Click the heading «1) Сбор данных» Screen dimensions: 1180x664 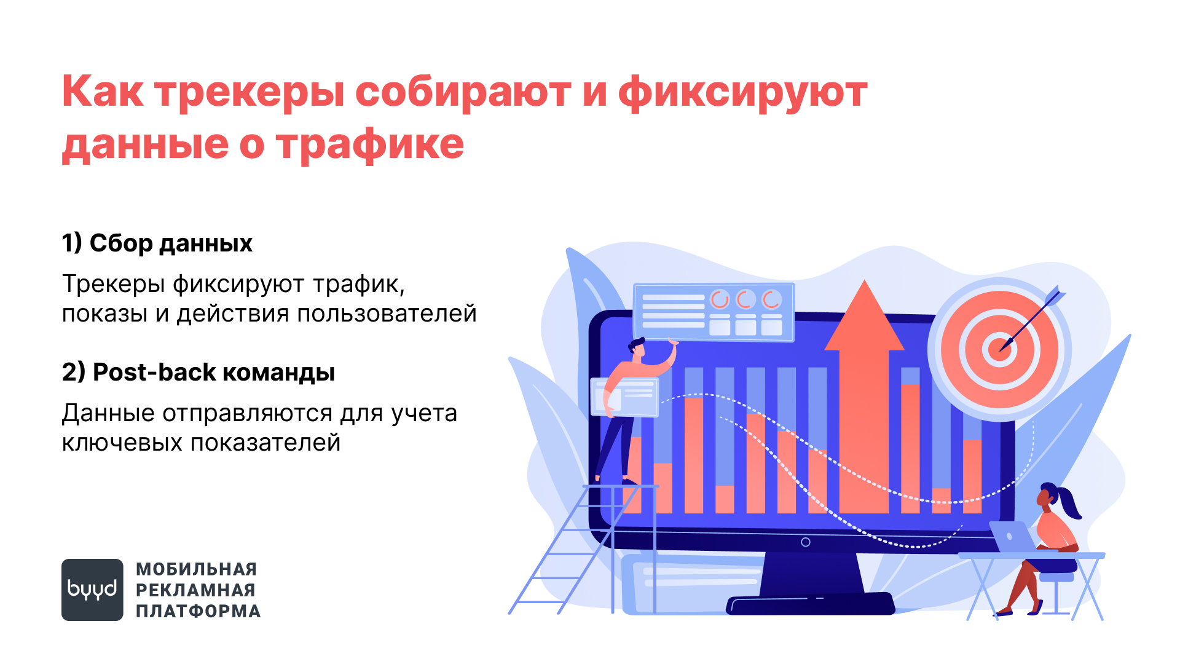(157, 243)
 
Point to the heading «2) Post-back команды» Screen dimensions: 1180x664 (199, 372)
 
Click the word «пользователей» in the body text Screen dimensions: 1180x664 (387, 314)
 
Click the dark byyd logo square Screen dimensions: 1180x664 (92, 590)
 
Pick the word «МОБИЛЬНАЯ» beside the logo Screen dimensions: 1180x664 (197, 569)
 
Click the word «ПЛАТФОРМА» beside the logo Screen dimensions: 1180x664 (199, 611)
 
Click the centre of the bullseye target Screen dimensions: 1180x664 (999, 349)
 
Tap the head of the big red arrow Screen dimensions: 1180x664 (864, 317)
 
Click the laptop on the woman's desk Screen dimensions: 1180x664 (1013, 537)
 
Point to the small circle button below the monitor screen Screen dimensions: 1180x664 (806, 542)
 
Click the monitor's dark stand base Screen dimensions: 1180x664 (810, 603)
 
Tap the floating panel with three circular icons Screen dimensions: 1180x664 (714, 312)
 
